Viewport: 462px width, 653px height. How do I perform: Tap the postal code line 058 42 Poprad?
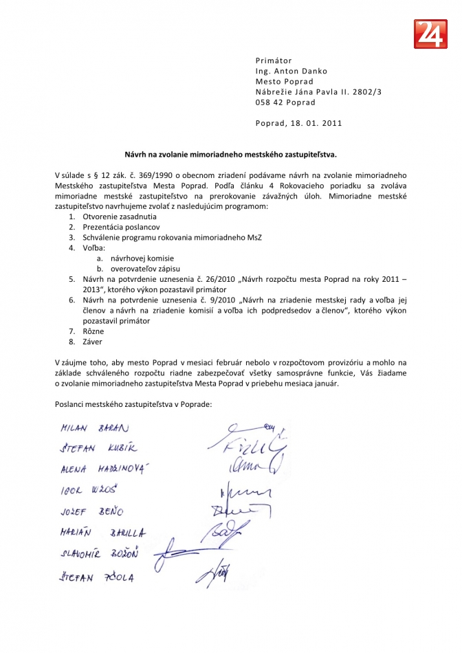285,102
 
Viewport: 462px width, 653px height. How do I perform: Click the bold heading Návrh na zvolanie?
230,157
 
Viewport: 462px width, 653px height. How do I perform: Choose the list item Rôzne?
93,331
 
